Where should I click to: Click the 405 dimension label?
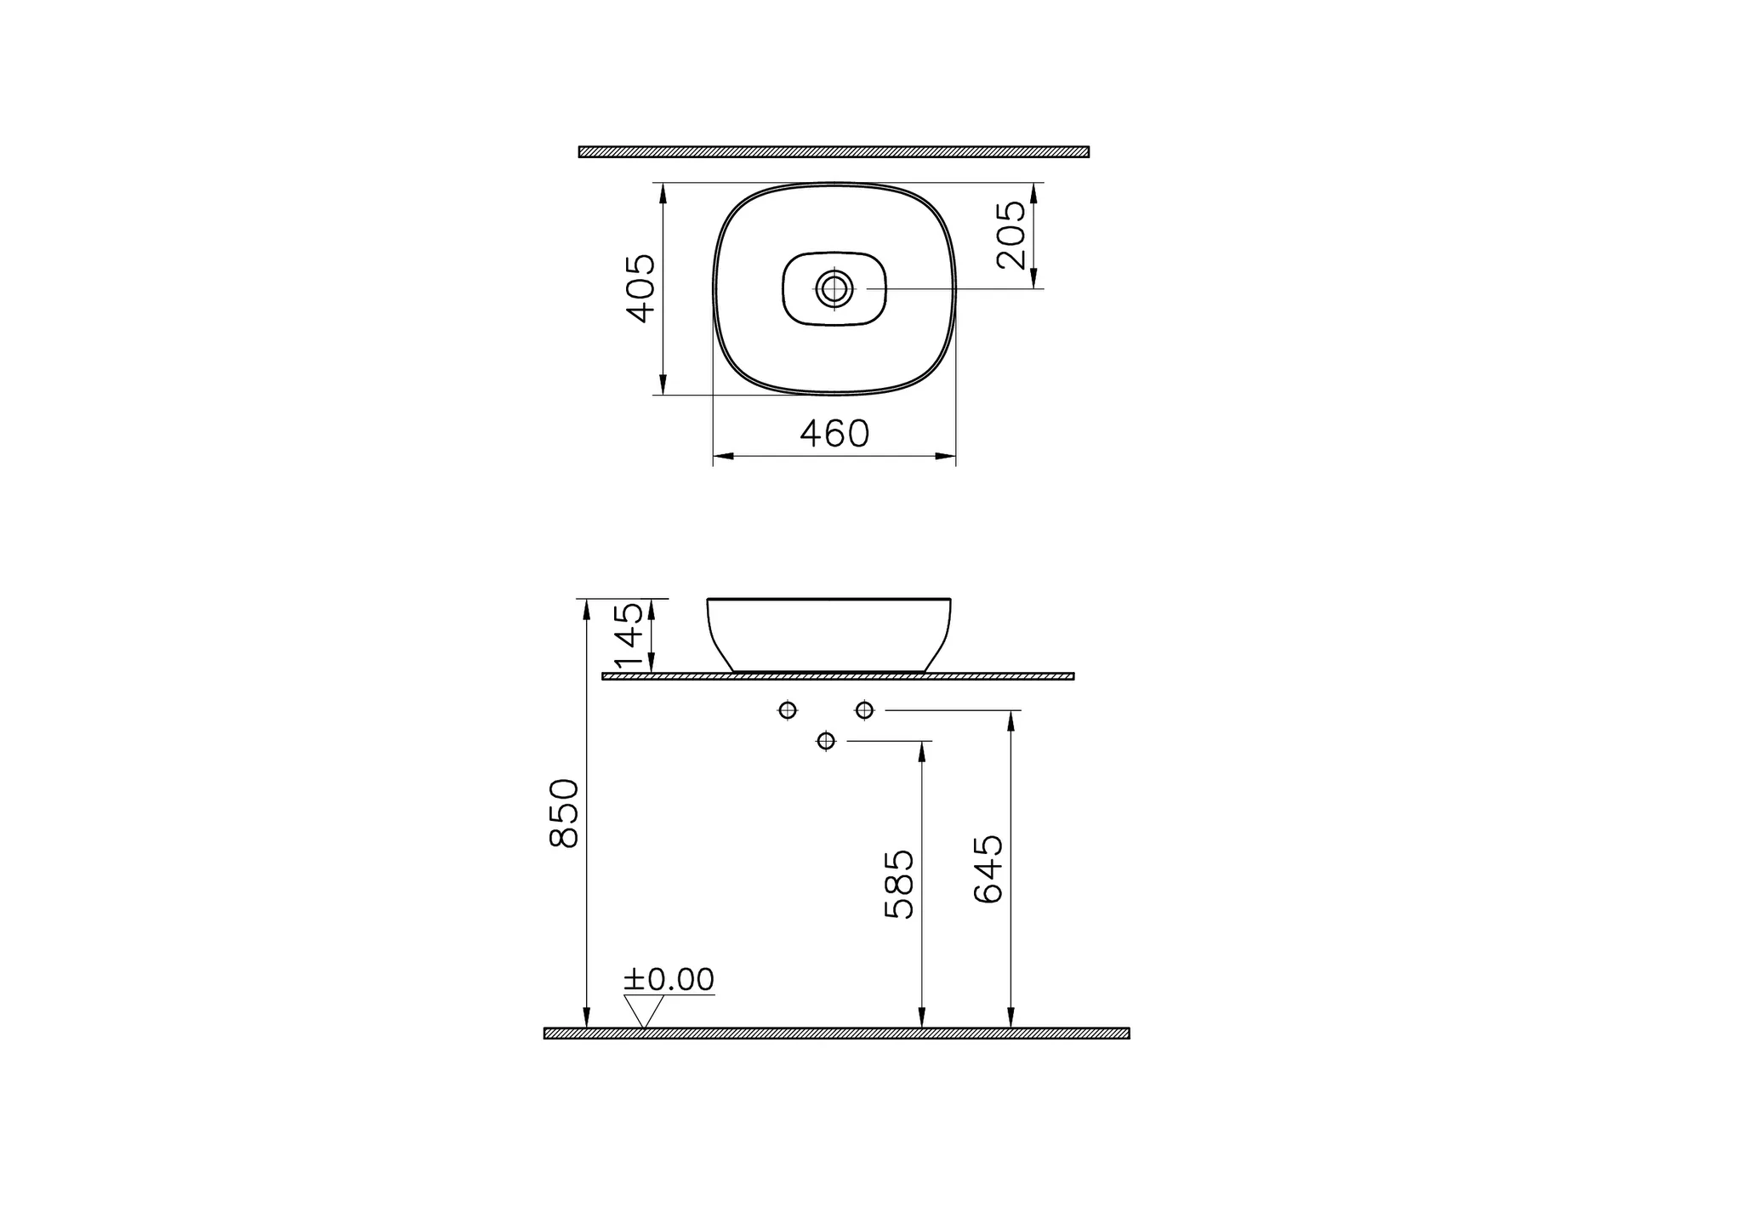[641, 289]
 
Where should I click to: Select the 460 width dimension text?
[834, 434]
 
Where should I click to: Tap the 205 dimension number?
[1011, 236]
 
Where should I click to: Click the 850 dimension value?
[565, 812]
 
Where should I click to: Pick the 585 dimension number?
[899, 884]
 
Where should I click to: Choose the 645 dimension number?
[988, 869]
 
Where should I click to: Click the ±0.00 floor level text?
[669, 980]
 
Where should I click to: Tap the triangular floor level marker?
[644, 1011]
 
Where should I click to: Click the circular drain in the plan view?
[834, 289]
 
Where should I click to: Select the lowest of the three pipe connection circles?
[825, 741]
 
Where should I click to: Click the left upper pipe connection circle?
[788, 709]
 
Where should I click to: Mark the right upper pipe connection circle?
[864, 709]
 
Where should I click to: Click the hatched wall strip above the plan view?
[834, 152]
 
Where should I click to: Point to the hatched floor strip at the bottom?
[836, 1034]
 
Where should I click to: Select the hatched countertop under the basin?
[838, 676]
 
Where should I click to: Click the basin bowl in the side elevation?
[829, 634]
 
